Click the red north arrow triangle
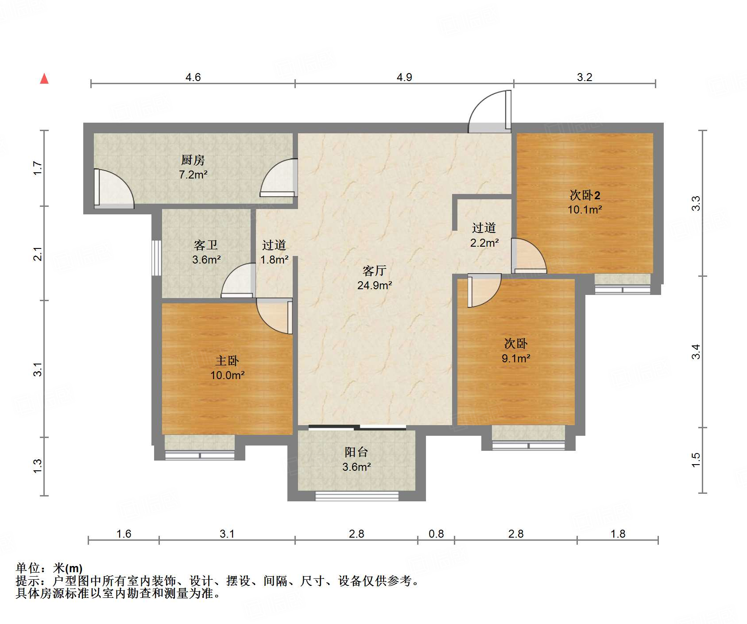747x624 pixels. (44, 79)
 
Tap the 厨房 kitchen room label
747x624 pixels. (193, 160)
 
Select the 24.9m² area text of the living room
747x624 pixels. (375, 286)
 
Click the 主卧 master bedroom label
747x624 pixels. (227, 361)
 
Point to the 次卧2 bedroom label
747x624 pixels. (585, 195)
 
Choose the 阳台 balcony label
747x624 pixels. (356, 452)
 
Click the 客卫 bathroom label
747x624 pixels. (206, 245)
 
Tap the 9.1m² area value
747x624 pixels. (516, 358)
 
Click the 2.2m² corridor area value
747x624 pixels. (484, 243)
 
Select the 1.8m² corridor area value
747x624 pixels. (275, 260)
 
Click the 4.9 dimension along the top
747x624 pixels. (404, 78)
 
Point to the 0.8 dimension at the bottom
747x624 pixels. (436, 534)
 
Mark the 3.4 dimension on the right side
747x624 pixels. (696, 352)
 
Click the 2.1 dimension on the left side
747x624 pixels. (38, 254)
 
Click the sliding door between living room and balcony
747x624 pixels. (357, 427)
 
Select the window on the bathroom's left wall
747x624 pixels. (156, 258)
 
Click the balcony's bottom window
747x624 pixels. (356, 496)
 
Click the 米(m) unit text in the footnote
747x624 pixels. (68, 568)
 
